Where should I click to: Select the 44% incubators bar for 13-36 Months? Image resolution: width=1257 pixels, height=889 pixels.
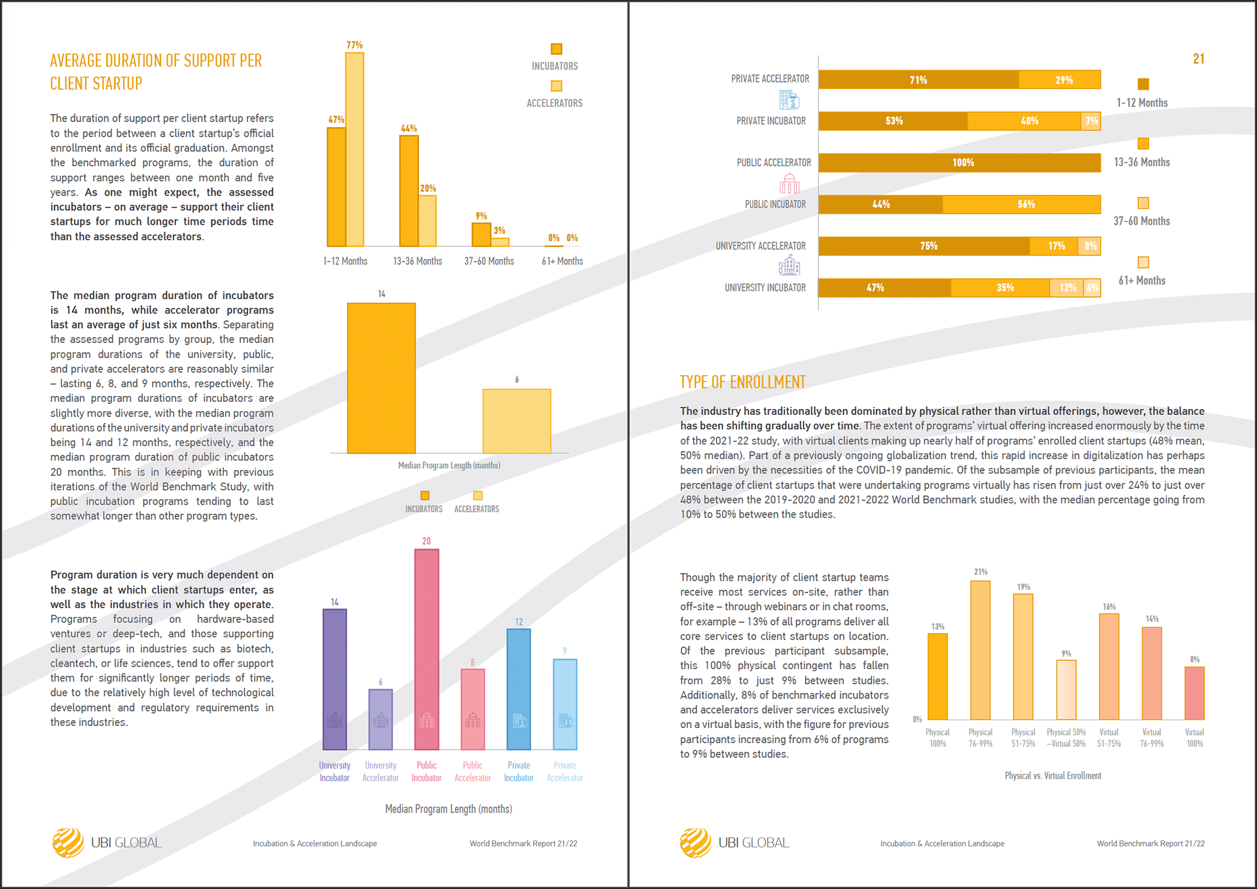(409, 190)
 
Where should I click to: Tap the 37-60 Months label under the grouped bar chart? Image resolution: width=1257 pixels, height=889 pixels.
(489, 261)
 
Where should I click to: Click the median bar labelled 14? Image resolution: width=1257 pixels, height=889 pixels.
(381, 378)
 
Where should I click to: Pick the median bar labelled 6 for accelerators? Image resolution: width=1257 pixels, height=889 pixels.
(517, 421)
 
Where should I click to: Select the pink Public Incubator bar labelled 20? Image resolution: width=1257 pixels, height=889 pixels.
(427, 648)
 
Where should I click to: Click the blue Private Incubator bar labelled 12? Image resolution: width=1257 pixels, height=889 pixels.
(519, 689)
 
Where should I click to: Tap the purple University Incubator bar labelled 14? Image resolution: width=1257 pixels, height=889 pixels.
(335, 679)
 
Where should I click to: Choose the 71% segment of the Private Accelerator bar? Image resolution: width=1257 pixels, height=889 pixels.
(918, 80)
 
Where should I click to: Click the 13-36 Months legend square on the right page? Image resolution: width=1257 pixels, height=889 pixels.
(1143, 143)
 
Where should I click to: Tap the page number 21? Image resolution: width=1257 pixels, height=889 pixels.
(1198, 59)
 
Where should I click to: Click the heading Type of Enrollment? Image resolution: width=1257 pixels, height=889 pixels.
(742, 382)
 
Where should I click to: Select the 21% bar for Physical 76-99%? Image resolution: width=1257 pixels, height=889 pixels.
(980, 650)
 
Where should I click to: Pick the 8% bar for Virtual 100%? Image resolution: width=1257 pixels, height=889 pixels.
(1194, 693)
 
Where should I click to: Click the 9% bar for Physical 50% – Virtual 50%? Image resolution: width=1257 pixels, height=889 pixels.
(1066, 690)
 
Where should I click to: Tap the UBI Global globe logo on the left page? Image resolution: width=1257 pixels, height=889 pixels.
(68, 843)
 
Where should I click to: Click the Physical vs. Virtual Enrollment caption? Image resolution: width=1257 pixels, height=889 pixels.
(1053, 776)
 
